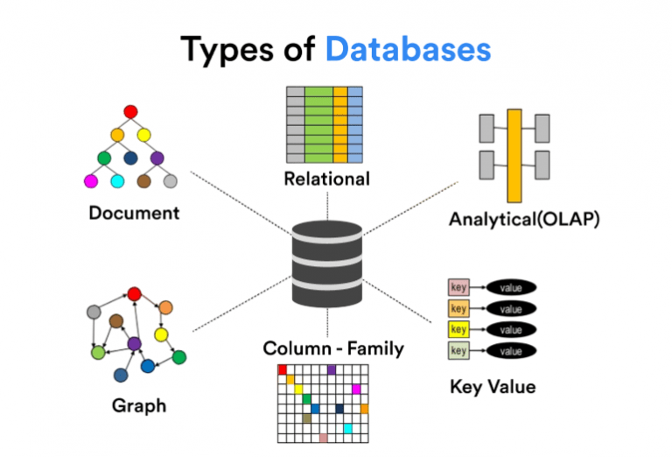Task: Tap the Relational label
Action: tap(326, 179)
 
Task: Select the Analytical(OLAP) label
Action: tap(525, 219)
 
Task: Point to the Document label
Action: tap(134, 212)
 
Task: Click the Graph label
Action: tap(138, 405)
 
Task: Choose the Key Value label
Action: tap(493, 386)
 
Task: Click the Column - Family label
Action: tap(333, 348)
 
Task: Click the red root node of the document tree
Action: tap(130, 112)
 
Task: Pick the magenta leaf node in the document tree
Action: tap(90, 181)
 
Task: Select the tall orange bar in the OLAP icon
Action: tap(514, 155)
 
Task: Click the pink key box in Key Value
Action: tap(458, 287)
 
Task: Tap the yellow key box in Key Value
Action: tap(458, 329)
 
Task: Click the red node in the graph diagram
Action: tap(134, 294)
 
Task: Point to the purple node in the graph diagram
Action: tap(134, 344)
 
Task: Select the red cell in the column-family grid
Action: tap(283, 369)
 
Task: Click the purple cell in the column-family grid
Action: tap(332, 369)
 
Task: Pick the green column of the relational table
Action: tap(318, 124)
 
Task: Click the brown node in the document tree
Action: tap(144, 181)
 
